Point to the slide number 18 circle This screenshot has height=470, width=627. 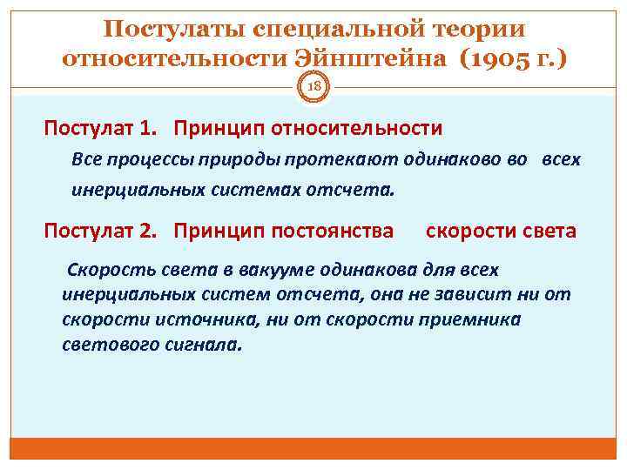[x=313, y=86]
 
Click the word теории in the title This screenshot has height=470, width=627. [x=482, y=29]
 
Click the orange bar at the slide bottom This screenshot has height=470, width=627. [x=313, y=447]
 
